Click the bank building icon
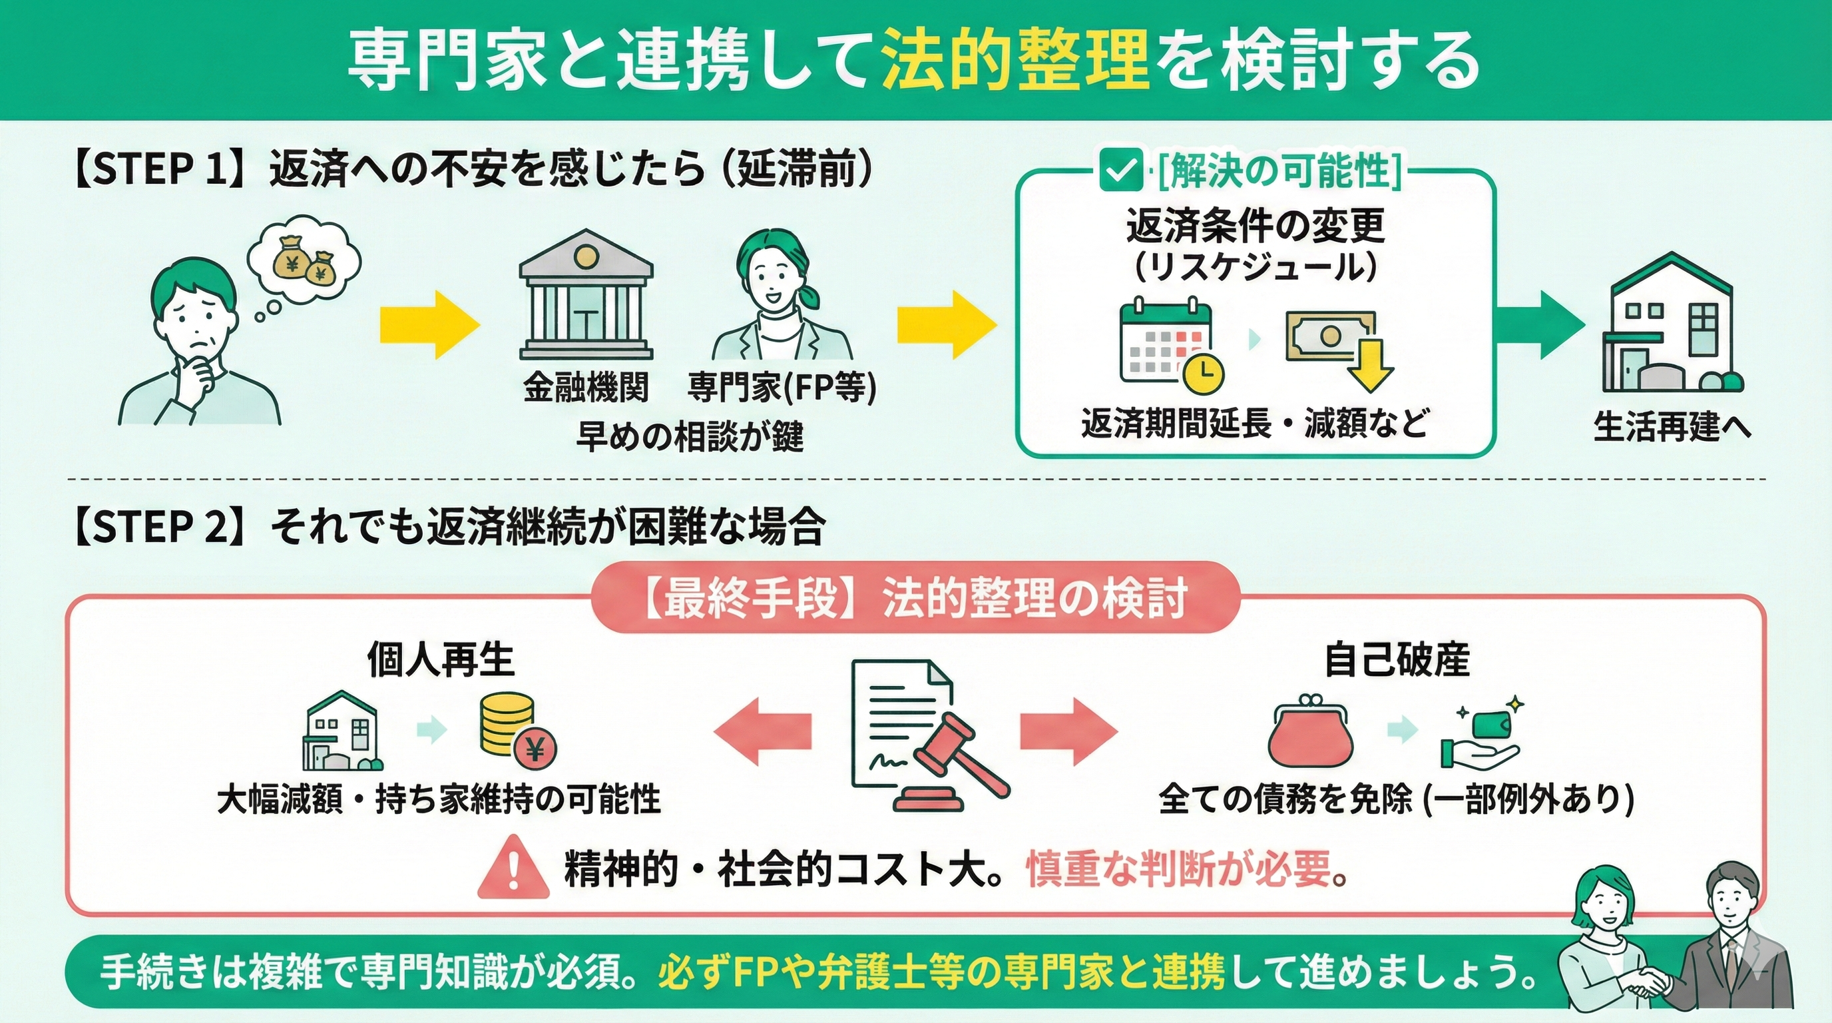(586, 295)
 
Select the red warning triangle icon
(513, 866)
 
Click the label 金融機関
(586, 388)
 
